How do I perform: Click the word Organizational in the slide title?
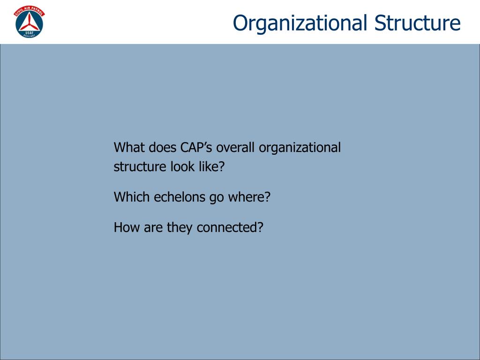(300, 23)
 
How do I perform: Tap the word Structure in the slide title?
(418, 23)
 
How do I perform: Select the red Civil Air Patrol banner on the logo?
(30, 10)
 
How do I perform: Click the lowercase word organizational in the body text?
(300, 148)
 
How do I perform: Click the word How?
(123, 228)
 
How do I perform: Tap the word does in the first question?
(158, 148)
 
